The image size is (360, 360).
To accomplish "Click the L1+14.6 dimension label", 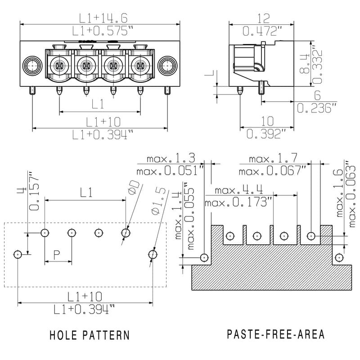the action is point(103,18).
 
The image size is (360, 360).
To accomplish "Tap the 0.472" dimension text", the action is point(262,31).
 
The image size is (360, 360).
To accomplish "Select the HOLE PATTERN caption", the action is point(90,335).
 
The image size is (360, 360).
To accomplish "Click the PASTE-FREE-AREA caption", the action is point(276,334).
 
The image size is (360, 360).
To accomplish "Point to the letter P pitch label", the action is point(57,255).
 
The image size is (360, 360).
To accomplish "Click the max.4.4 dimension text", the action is point(239,190).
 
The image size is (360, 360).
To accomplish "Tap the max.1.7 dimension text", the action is point(273,158).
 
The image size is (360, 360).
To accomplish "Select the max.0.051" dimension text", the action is point(170,171).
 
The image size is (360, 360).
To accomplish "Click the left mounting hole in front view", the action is point(32,66).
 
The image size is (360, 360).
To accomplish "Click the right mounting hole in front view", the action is point(167,66).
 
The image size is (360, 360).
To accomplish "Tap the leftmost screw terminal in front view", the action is point(59,66).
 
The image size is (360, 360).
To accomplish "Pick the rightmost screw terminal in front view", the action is point(140,66).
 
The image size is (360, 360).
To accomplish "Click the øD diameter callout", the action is point(134,187).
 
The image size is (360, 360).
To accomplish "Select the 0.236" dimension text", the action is point(317,108).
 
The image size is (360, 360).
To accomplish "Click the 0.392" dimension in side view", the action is point(266,134).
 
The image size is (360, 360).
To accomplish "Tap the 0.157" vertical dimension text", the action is point(34,191).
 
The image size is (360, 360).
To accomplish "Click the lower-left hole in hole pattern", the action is point(18,255).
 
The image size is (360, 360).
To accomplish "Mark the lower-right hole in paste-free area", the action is point(339,257).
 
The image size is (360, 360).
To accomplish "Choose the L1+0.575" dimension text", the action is point(103,31).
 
